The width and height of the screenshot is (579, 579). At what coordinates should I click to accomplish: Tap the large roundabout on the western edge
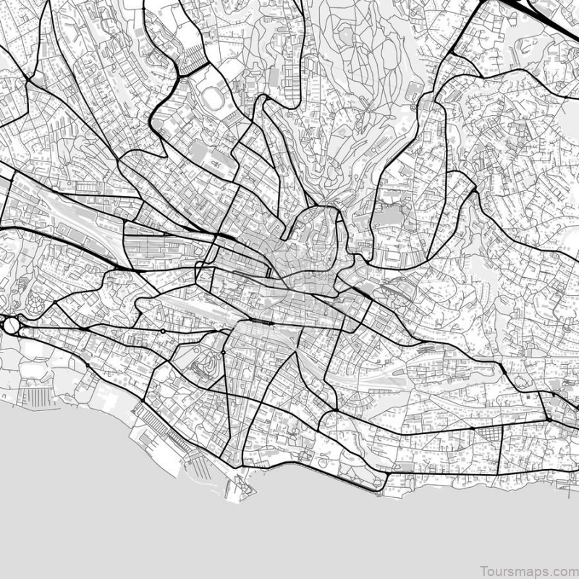pos(12,325)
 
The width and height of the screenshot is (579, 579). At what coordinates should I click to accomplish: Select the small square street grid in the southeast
pos(490,435)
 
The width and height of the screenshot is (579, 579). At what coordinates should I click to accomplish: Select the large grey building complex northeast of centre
pos(391,217)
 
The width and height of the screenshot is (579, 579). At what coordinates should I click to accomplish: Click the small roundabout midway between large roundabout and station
pos(164,331)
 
